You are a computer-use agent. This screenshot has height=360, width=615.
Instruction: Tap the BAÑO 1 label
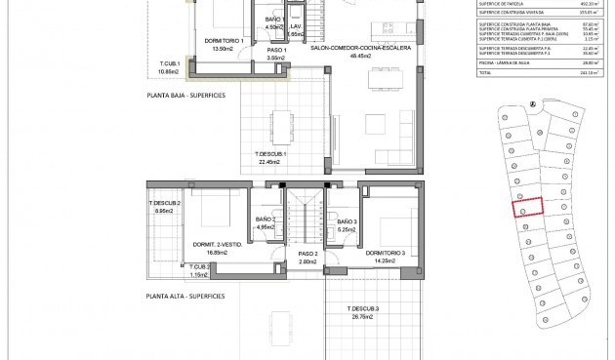point(273,20)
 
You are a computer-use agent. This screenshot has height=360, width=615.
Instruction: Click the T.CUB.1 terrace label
point(171,64)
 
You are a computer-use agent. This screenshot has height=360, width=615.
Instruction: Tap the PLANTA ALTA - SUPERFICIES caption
point(185,296)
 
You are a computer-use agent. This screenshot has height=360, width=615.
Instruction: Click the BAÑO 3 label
point(348,222)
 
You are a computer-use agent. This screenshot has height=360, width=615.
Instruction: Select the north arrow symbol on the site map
point(534,102)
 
